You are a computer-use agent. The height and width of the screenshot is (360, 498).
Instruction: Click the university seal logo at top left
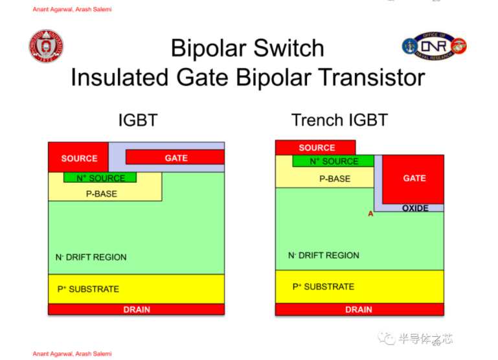[46, 47]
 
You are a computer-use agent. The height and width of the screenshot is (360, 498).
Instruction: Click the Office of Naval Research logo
[435, 46]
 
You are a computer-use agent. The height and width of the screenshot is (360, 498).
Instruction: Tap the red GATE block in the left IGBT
[175, 157]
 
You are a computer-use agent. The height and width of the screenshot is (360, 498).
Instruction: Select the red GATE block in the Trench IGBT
[413, 179]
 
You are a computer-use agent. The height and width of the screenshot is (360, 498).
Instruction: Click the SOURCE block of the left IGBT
[78, 158]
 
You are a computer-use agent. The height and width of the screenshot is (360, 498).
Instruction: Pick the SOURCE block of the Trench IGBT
[316, 148]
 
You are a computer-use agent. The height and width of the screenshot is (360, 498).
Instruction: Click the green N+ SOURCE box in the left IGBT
[100, 177]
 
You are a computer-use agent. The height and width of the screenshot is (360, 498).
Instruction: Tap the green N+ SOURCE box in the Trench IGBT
[334, 161]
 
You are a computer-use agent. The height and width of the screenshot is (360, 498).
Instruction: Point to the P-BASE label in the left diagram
[101, 193]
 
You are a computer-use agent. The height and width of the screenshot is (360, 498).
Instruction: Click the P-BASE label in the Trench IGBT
[334, 179]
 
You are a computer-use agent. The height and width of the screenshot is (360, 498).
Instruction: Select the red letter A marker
[371, 214]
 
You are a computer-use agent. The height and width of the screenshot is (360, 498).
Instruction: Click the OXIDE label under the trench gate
[415, 208]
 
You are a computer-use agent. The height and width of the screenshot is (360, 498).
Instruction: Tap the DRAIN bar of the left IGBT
[136, 309]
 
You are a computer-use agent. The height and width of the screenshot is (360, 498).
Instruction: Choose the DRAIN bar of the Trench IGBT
[359, 309]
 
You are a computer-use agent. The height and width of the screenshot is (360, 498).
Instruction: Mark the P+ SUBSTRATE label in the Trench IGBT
[323, 286]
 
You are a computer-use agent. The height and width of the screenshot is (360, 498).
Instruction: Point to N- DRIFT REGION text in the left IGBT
[91, 257]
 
